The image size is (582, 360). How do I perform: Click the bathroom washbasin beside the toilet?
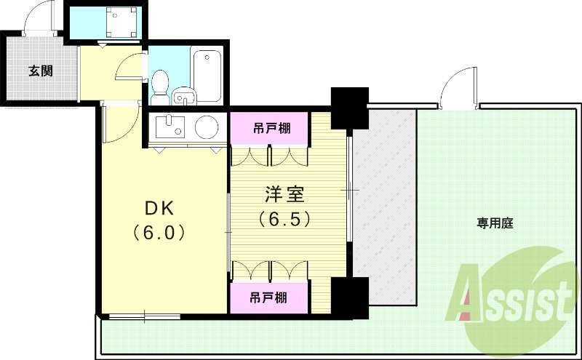pyautogui.click(x=185, y=96)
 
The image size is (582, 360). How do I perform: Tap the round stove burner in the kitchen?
pyautogui.click(x=206, y=127)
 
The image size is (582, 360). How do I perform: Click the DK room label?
pyautogui.click(x=159, y=209)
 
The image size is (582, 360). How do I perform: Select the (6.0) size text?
pyautogui.click(x=161, y=233)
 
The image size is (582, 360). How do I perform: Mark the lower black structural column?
pyautogui.click(x=349, y=295)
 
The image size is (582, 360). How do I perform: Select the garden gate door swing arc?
pyautogui.click(x=457, y=85)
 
